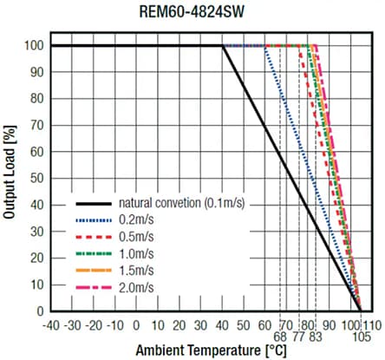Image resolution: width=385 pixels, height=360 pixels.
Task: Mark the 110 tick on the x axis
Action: coord(372,322)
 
